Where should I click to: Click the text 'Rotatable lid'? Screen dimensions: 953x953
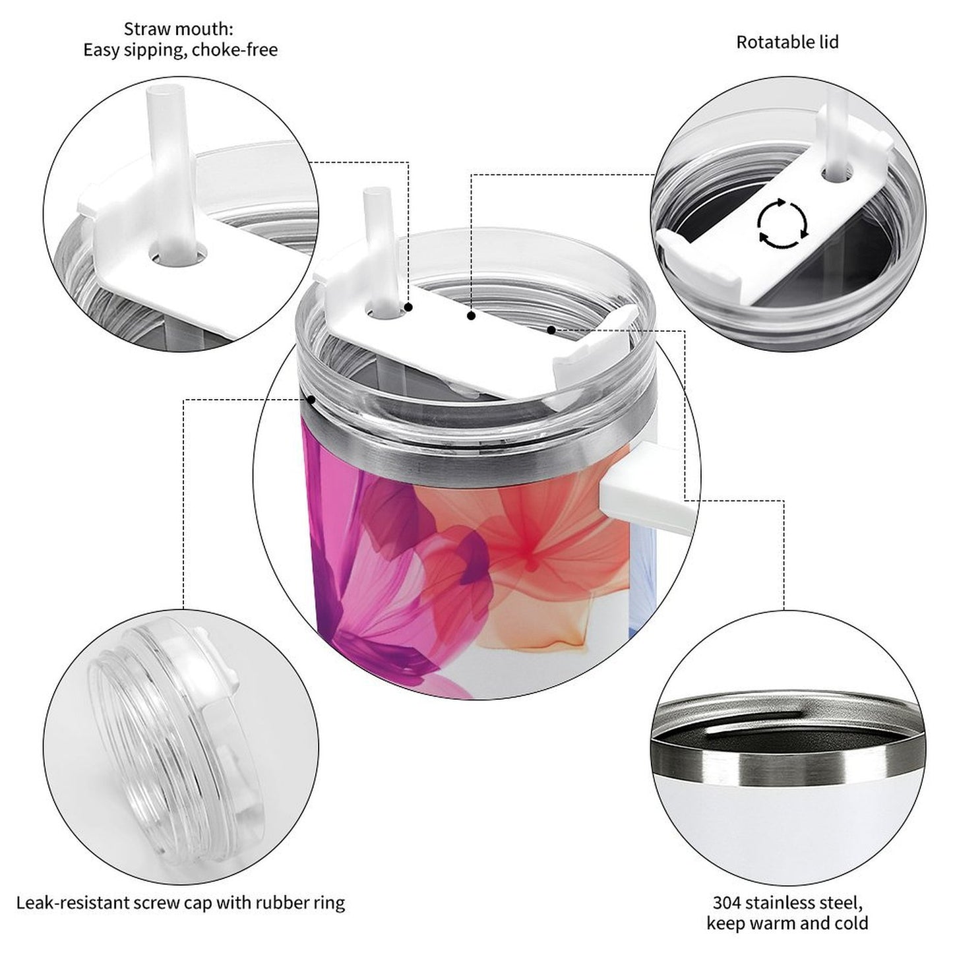coord(787,42)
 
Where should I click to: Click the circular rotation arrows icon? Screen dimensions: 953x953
coord(782,224)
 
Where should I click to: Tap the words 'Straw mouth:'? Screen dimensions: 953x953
coord(179,29)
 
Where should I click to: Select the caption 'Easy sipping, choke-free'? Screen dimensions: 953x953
coord(180,50)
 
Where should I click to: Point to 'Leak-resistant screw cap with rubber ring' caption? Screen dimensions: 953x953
coord(180,902)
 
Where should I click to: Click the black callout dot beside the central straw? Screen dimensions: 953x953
coord(409,307)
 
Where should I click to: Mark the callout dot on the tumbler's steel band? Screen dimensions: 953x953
coord(311,399)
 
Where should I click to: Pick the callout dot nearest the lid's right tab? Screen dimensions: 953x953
coord(551,328)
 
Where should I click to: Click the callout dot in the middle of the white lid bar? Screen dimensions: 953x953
coord(471,317)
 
